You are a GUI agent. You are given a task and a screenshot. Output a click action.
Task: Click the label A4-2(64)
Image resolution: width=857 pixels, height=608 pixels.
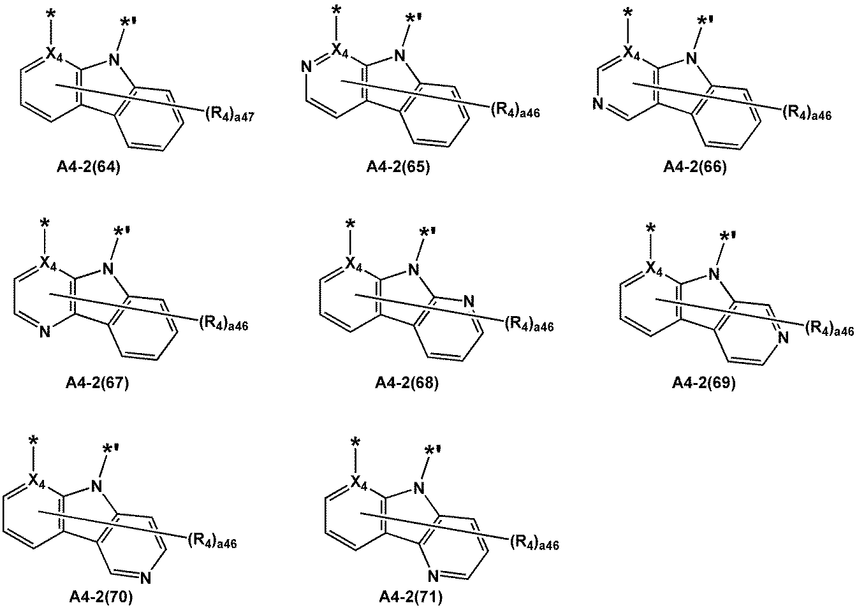pyautogui.click(x=89, y=168)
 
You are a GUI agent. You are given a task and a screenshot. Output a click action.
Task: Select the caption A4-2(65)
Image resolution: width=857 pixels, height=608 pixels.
pyautogui.click(x=399, y=167)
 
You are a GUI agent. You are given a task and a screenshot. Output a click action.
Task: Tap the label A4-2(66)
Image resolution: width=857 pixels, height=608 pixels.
pyautogui.click(x=695, y=167)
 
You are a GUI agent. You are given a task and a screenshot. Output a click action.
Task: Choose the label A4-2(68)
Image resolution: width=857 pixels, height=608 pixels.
pyautogui.click(x=407, y=382)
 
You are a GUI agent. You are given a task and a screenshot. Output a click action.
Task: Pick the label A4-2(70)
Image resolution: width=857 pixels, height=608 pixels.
pyautogui.click(x=101, y=597)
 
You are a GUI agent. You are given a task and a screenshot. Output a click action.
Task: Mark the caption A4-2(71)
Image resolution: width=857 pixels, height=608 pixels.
pyautogui.click(x=411, y=597)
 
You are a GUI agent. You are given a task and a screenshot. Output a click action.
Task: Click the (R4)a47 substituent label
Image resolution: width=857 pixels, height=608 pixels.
pyautogui.click(x=230, y=114)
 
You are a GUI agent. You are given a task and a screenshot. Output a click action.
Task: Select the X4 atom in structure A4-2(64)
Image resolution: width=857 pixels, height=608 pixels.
pyautogui.click(x=54, y=55)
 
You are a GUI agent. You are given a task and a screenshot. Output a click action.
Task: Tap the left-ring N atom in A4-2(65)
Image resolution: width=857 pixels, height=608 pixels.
pyautogui.click(x=306, y=68)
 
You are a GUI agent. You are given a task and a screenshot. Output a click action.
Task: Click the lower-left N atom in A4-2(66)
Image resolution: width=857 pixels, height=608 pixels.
pyautogui.click(x=598, y=104)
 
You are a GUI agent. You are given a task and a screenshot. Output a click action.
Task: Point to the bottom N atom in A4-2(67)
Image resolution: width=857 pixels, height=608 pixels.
pyautogui.click(x=45, y=332)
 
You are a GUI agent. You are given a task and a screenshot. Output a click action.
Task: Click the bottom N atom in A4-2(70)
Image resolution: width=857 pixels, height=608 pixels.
pyautogui.click(x=145, y=578)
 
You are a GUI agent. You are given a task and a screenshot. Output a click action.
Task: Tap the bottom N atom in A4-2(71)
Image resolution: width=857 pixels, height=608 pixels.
pyautogui.click(x=433, y=575)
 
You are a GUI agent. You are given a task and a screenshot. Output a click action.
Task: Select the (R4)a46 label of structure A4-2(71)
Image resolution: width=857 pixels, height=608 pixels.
pyautogui.click(x=534, y=544)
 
